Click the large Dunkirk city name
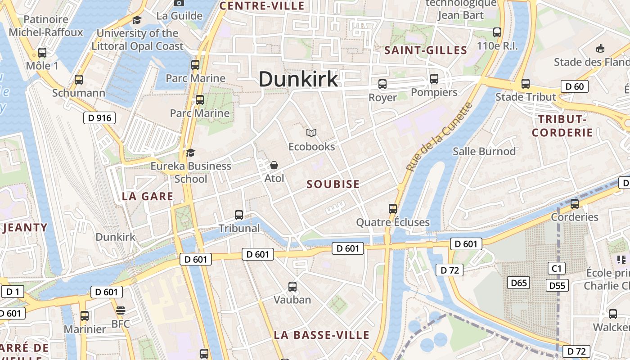[298, 79]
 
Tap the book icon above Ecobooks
[311, 133]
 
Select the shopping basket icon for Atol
[274, 165]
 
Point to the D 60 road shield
[575, 86]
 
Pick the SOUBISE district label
[333, 184]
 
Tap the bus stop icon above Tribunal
[239, 215]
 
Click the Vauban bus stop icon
[292, 286]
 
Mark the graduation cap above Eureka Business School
[191, 153]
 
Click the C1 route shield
[557, 269]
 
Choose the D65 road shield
[518, 283]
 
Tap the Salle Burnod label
[484, 151]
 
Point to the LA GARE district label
[148, 196]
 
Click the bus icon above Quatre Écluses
[393, 208]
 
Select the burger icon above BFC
[120, 310]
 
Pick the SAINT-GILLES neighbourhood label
[425, 50]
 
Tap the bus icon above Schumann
[79, 80]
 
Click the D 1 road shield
[13, 292]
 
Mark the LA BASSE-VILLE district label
[321, 335]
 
